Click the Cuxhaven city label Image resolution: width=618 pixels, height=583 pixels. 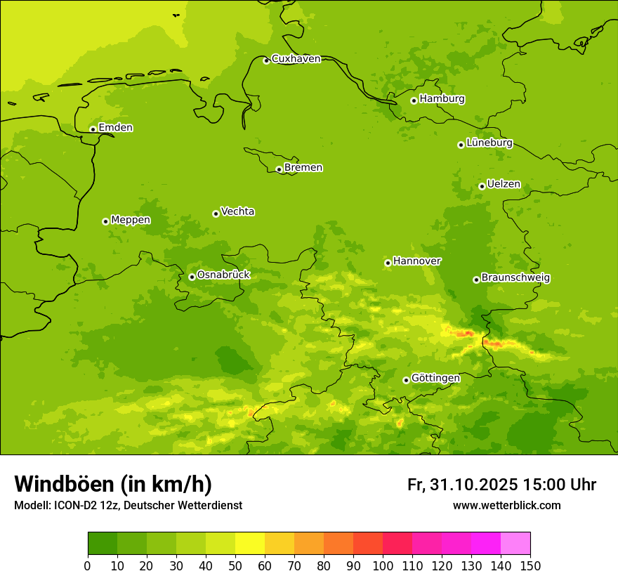[x=296, y=59]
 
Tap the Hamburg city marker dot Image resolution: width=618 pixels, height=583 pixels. [x=414, y=100]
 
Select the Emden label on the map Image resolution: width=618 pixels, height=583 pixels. [x=115, y=128]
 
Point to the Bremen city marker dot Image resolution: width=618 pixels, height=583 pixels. [x=279, y=169]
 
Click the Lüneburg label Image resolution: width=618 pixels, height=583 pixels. [x=489, y=143]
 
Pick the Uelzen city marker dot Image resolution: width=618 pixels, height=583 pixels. [x=482, y=186]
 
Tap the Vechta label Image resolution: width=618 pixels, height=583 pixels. [x=237, y=211]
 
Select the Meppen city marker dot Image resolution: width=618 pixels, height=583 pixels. [x=105, y=221]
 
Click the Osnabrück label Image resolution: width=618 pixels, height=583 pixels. [x=223, y=275]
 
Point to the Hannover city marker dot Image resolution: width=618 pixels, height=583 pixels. [x=388, y=263]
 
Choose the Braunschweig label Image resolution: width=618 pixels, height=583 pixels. [x=515, y=278]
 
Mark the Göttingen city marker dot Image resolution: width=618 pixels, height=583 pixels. [x=406, y=380]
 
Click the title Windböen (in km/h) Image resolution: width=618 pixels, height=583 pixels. [x=113, y=484]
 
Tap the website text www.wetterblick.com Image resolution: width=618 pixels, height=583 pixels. [x=506, y=505]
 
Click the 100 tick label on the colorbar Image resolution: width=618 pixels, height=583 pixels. [x=383, y=565]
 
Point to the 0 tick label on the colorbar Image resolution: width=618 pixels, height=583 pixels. [x=88, y=565]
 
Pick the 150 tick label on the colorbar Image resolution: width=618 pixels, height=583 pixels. [x=530, y=565]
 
